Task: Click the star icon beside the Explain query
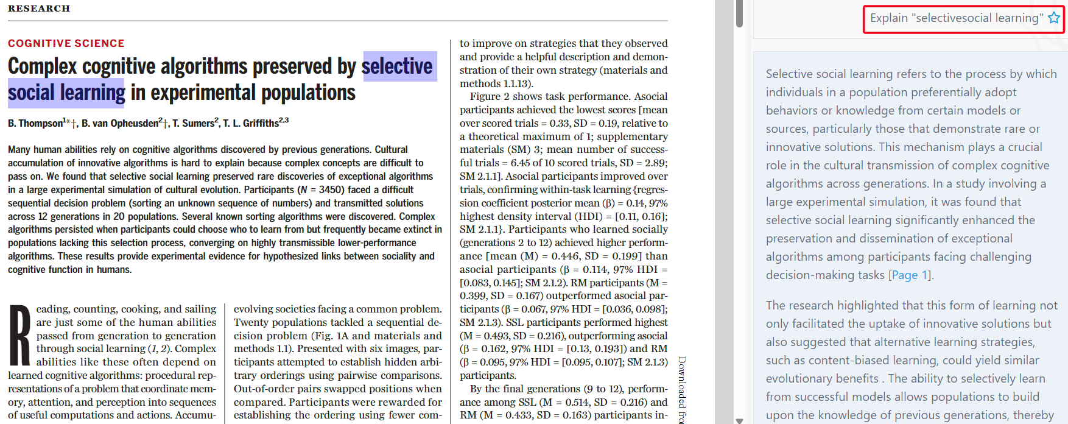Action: coord(1053,18)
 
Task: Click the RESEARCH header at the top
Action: coord(39,9)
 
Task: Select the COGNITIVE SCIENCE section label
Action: coord(66,43)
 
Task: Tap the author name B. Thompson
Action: coord(35,124)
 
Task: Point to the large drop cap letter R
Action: coord(20,335)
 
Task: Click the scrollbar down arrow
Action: coord(739,420)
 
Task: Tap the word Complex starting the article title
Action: coord(43,66)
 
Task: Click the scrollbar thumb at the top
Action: coord(739,13)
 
